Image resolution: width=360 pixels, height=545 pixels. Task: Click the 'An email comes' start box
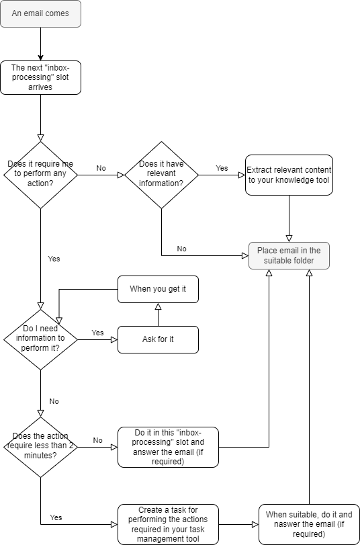40,14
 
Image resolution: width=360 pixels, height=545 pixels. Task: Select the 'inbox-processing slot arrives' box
40,77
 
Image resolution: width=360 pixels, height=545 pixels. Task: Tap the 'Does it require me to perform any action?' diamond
40,175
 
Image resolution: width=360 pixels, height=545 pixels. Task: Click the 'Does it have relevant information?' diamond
161,175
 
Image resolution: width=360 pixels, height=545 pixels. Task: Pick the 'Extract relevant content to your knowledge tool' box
289,175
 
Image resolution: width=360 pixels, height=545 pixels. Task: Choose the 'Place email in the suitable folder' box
289,255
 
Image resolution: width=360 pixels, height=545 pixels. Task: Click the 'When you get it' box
158,288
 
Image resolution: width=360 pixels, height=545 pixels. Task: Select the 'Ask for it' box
158,339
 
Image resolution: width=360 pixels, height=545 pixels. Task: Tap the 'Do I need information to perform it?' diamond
40,339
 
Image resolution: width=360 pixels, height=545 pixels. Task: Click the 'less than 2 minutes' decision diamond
40,447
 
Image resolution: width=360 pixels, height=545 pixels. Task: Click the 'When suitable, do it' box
309,524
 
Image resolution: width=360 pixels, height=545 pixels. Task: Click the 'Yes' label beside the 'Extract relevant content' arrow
222,167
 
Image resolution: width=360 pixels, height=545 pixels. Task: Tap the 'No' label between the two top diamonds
101,168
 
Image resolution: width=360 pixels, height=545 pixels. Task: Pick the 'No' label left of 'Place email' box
181,249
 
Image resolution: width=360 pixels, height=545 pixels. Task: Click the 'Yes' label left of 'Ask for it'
97,333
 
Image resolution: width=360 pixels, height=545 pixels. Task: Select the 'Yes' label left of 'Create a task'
56,517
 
